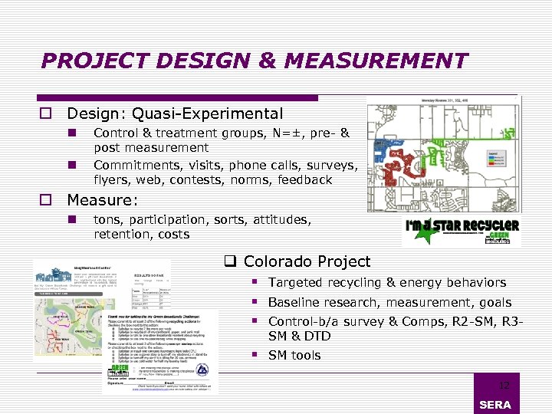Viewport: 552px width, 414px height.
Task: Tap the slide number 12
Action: tap(504, 386)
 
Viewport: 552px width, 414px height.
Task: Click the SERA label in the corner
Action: tap(495, 405)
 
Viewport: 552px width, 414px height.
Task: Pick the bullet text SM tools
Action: tap(294, 355)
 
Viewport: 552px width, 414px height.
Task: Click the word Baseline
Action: tap(295, 303)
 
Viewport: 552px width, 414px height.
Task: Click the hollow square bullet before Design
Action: tap(46, 114)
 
